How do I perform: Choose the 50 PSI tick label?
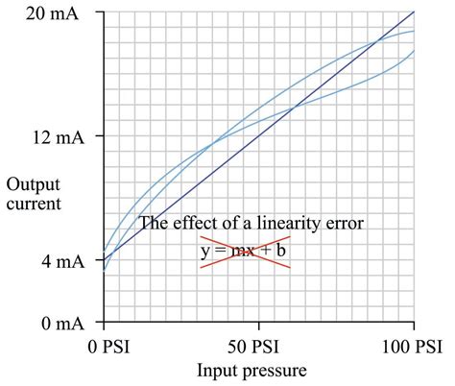258,345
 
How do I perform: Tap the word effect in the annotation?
191,224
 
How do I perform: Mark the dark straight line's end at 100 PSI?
414,12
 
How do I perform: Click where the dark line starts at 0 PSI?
105,261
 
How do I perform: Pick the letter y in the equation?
205,253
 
